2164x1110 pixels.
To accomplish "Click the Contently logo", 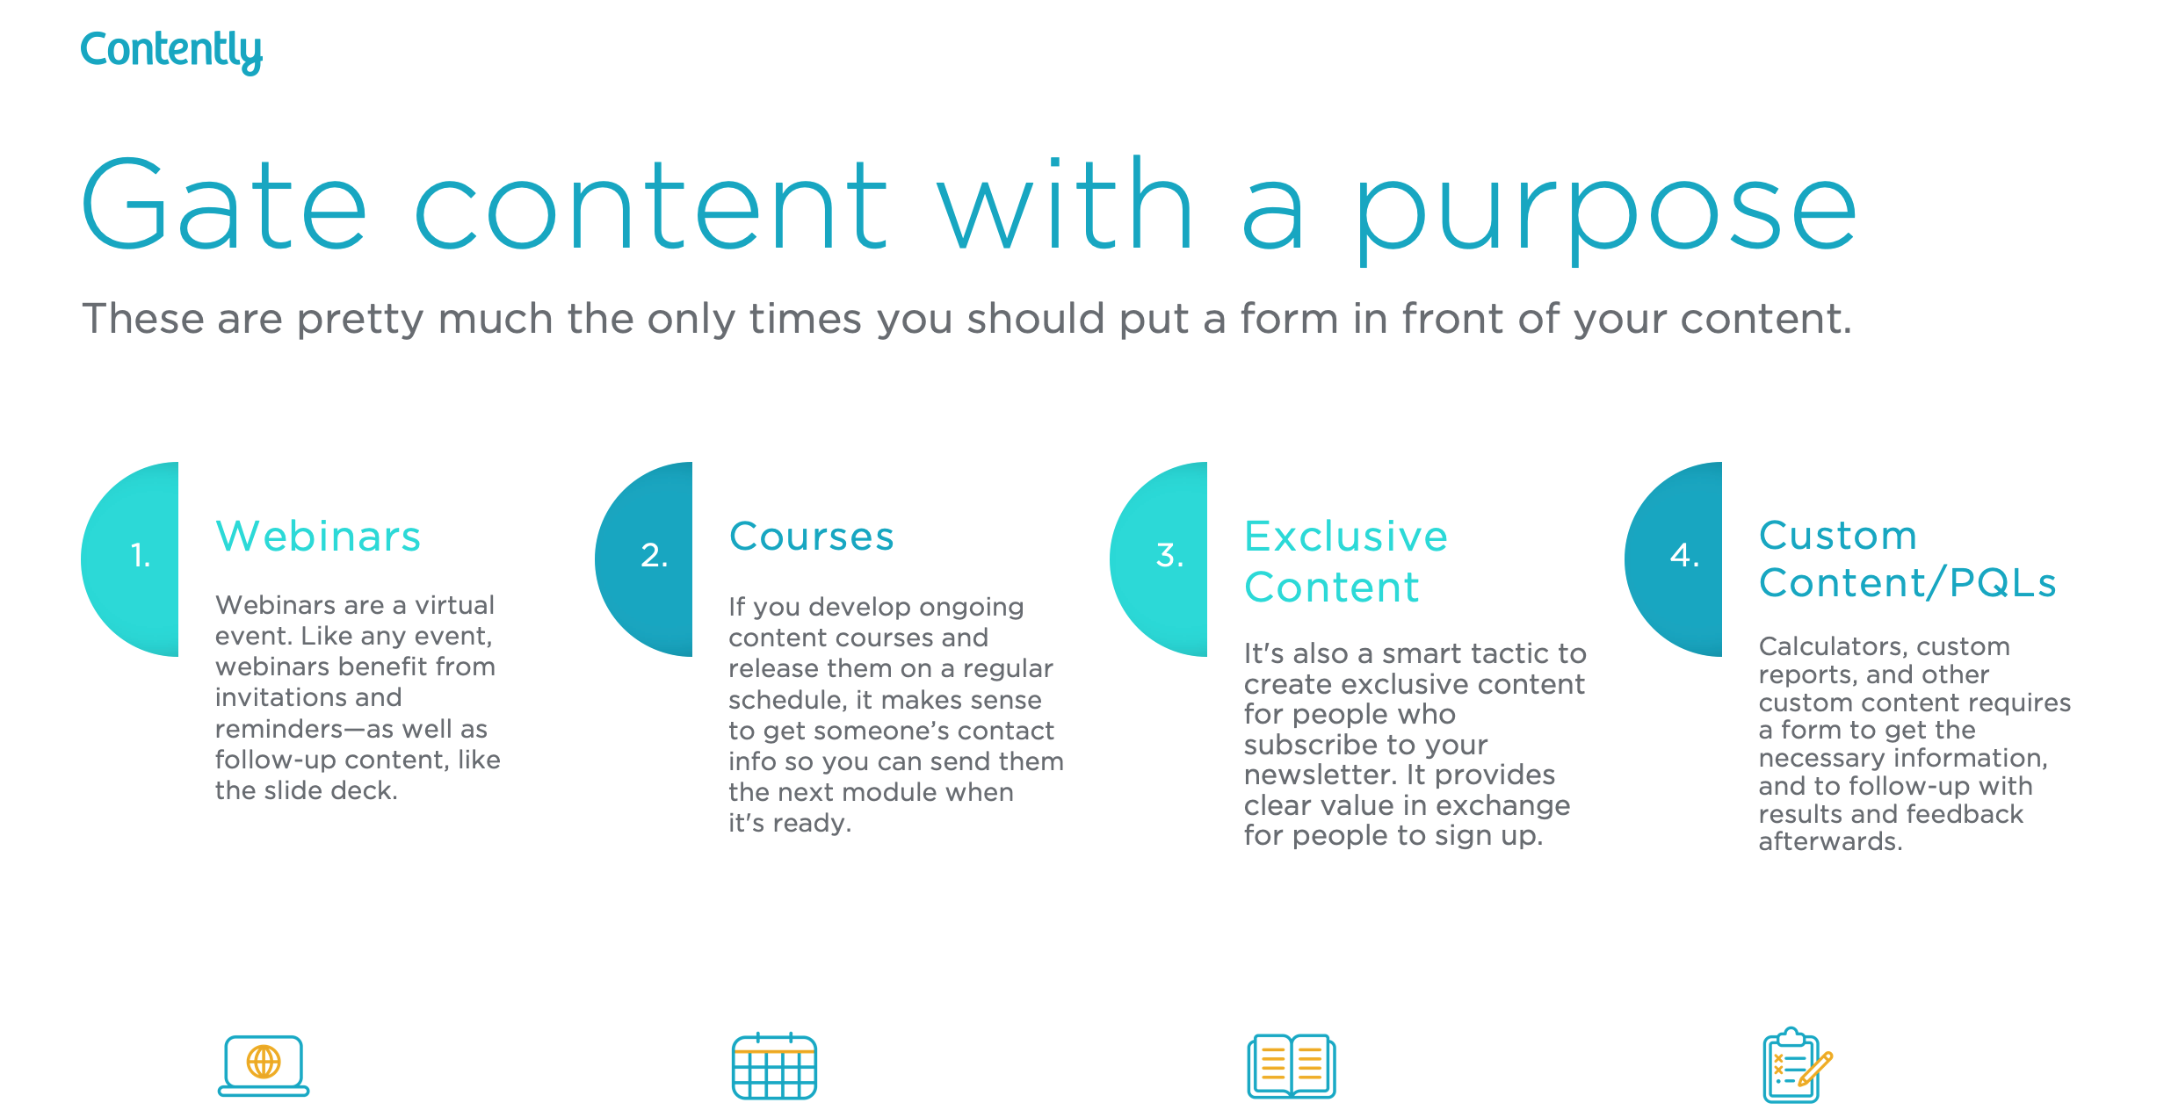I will pyautogui.click(x=171, y=50).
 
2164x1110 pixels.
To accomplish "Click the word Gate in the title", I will pyautogui.click(x=223, y=206).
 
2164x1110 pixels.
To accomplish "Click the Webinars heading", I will pyautogui.click(x=318, y=537).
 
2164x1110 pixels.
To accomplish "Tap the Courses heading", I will pyautogui.click(x=811, y=537).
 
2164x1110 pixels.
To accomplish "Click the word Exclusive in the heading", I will pyautogui.click(x=1345, y=537).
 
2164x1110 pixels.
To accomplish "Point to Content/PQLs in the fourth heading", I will pyautogui.click(x=1907, y=583).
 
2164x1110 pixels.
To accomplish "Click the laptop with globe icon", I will pyautogui.click(x=264, y=1065).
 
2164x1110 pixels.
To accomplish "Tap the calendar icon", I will pyautogui.click(x=774, y=1066).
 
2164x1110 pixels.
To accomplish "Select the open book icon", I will pyautogui.click(x=1291, y=1066).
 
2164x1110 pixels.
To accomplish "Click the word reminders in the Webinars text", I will pyautogui.click(x=279, y=730).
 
